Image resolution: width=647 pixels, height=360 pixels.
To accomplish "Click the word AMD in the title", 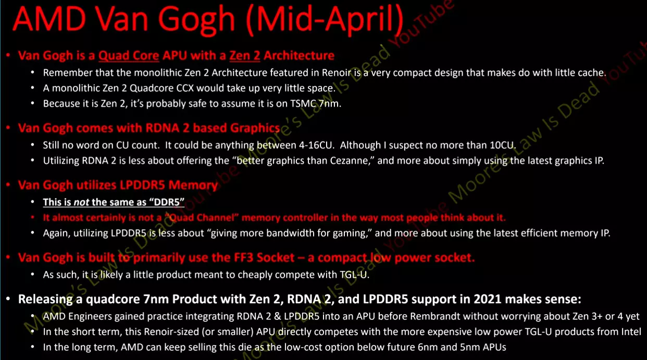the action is pyautogui.click(x=49, y=18).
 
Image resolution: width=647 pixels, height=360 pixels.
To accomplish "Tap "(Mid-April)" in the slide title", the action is pyautogui.click(x=325, y=20).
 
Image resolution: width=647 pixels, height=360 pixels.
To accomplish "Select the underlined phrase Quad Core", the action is pyautogui.click(x=129, y=55).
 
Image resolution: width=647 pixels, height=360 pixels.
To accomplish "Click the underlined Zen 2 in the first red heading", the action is pyautogui.click(x=245, y=55).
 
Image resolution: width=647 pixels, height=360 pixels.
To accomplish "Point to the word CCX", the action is pyautogui.click(x=185, y=88).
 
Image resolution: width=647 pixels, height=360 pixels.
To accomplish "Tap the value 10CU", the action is pyautogui.click(x=503, y=145).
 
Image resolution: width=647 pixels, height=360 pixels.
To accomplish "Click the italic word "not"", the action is pyautogui.click(x=81, y=202).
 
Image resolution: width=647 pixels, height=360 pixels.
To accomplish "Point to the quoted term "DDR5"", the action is pyautogui.click(x=167, y=202).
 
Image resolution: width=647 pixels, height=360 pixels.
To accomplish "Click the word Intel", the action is pyautogui.click(x=631, y=332).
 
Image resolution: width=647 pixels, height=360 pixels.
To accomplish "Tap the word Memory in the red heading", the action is pyautogui.click(x=193, y=185).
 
